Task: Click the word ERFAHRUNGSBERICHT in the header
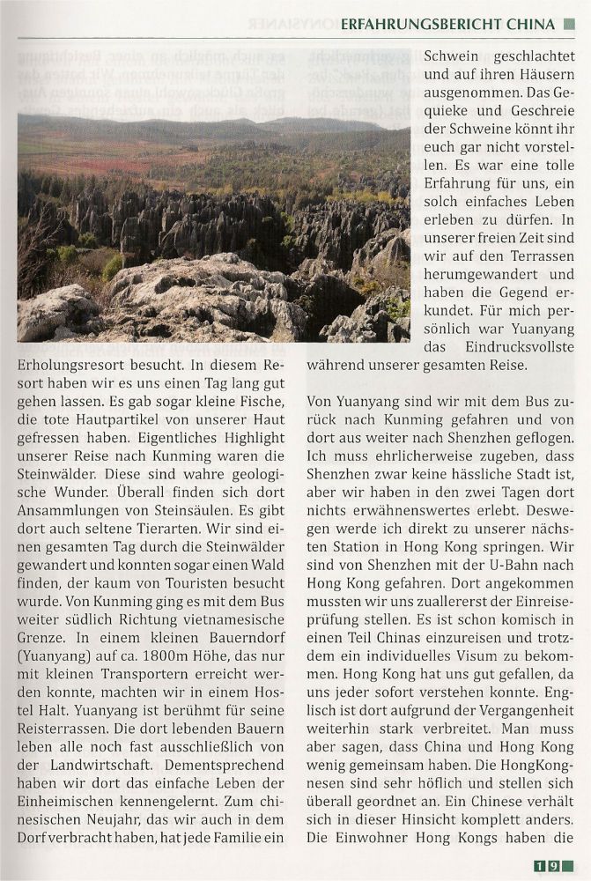click(422, 24)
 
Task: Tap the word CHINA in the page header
click(531, 24)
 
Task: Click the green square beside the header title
click(568, 24)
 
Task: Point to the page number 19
click(547, 866)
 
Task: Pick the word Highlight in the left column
click(246, 438)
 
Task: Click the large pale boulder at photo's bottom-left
click(57, 312)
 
